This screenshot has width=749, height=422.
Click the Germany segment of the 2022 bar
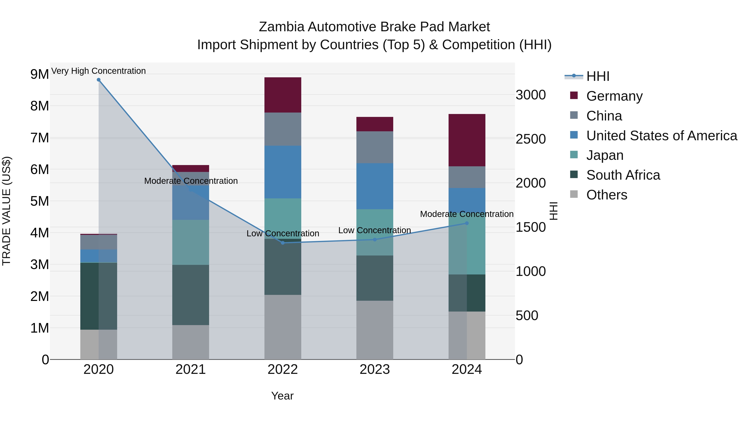(x=283, y=95)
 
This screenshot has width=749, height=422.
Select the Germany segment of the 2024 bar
(x=467, y=140)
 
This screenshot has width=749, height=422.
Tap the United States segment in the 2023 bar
(x=374, y=186)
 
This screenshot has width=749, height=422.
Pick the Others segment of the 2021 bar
(x=190, y=342)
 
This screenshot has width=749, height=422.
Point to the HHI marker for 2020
(x=99, y=80)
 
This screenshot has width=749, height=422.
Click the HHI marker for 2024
(x=467, y=223)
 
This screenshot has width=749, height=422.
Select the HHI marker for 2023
(x=374, y=240)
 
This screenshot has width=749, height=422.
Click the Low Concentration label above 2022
(x=283, y=234)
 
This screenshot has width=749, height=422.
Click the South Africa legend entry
(x=623, y=175)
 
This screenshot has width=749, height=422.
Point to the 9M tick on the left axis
(x=40, y=74)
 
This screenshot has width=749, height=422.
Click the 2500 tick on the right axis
(x=530, y=139)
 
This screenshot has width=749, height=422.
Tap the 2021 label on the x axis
(x=190, y=369)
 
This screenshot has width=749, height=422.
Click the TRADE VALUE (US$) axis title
(x=6, y=211)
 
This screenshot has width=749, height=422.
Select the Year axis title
(x=282, y=396)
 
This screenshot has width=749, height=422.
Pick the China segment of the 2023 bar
(x=374, y=147)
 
